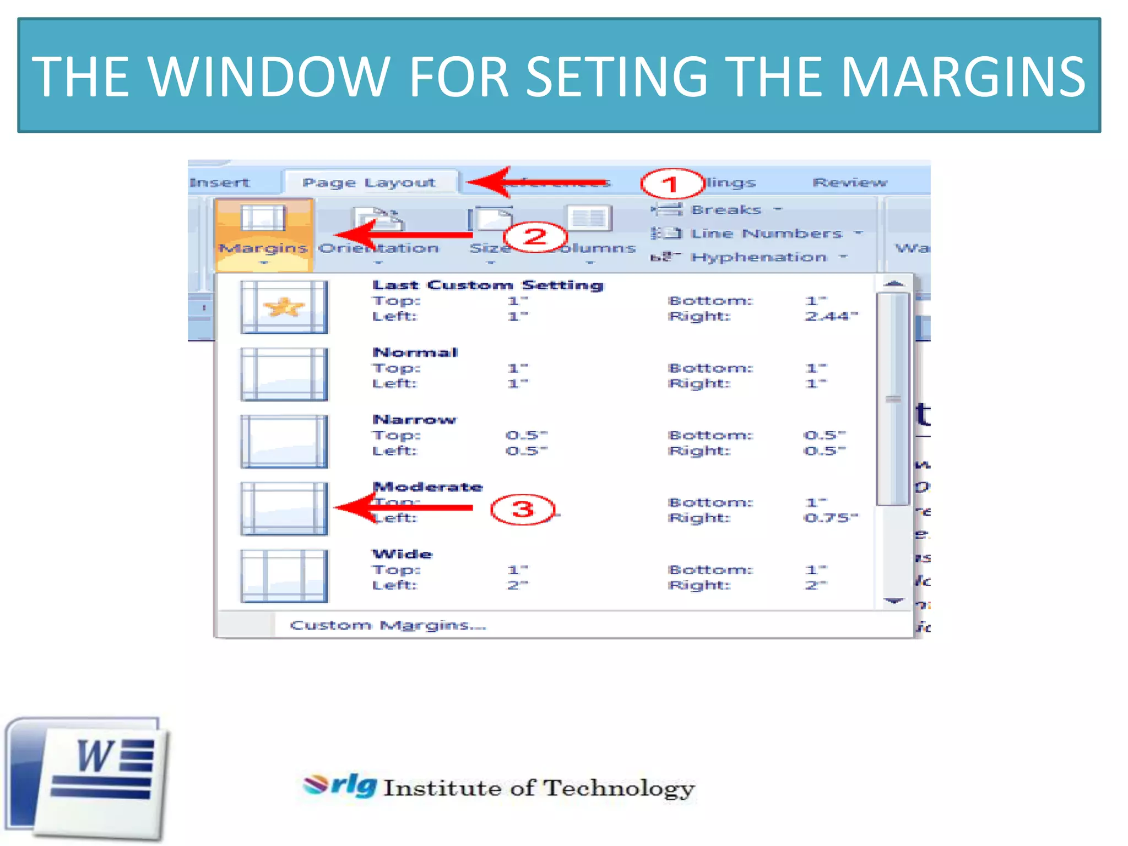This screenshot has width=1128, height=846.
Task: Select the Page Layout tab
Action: [x=368, y=182]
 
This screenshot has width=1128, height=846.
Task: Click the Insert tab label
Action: [x=219, y=182]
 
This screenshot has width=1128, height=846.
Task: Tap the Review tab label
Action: [x=849, y=182]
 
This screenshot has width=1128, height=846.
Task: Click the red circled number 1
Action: [x=671, y=184]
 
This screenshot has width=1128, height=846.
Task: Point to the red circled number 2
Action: [x=535, y=237]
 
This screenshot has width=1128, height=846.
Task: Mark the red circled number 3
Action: [x=522, y=509]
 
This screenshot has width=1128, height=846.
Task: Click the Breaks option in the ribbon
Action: [x=725, y=210]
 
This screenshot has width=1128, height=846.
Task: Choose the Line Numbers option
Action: [x=766, y=234]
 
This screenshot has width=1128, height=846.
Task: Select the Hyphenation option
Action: [x=758, y=257]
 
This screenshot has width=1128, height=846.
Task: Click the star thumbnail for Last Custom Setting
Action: [x=284, y=307]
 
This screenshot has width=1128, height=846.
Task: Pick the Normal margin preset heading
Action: [x=415, y=352]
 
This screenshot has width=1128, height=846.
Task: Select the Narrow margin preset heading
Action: [x=414, y=420]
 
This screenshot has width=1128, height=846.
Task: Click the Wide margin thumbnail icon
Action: [x=284, y=576]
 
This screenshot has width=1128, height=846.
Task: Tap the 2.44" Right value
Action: [x=831, y=316]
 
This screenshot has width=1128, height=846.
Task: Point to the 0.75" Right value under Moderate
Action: [x=831, y=518]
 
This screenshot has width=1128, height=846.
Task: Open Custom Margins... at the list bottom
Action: [x=388, y=625]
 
